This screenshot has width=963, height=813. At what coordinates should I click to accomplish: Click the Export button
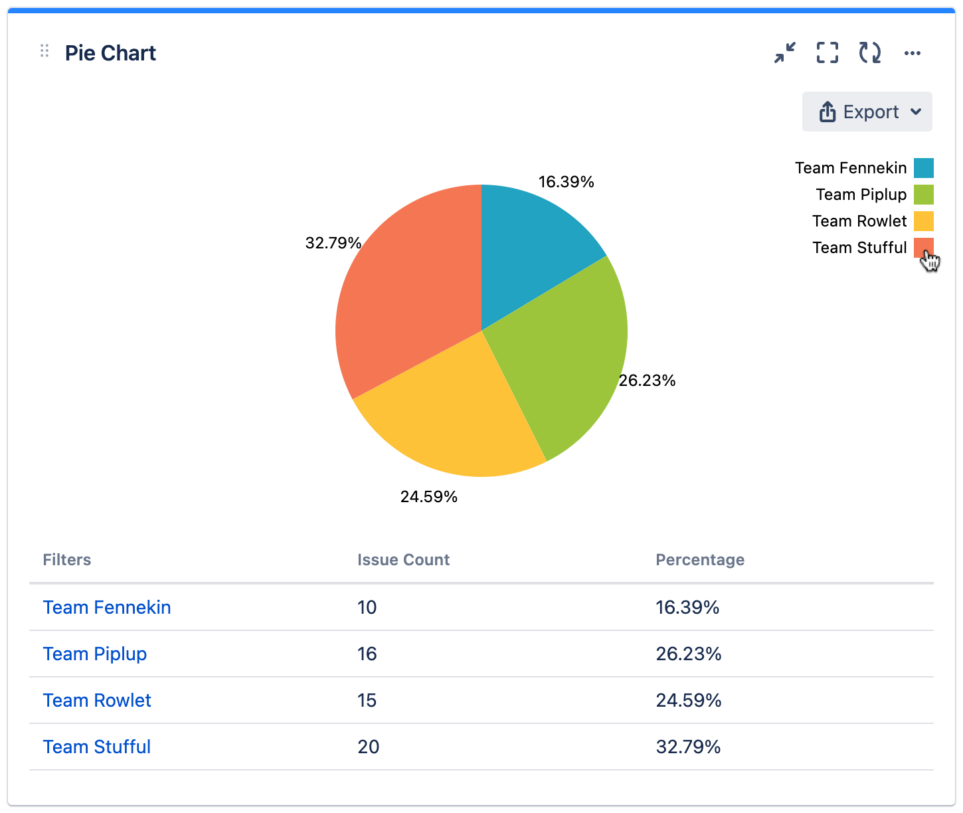click(x=867, y=112)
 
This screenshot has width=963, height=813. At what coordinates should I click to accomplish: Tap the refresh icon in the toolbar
click(x=869, y=52)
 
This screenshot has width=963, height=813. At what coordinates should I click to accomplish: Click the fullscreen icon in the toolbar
click(x=827, y=52)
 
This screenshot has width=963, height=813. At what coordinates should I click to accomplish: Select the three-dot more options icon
click(x=912, y=53)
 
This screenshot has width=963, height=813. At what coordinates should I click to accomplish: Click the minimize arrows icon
click(x=785, y=52)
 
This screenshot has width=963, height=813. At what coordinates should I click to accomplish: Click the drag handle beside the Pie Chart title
click(x=44, y=51)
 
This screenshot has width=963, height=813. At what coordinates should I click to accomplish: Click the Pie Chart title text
click(x=110, y=53)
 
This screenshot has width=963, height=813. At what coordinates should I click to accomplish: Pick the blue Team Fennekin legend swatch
click(x=923, y=168)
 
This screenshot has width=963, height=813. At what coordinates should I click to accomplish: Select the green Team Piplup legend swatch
click(x=923, y=195)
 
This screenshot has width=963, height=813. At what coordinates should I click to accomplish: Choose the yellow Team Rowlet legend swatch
click(x=923, y=221)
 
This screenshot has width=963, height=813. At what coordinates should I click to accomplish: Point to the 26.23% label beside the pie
click(x=647, y=381)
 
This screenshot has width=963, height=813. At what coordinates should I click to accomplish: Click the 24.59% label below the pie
click(x=428, y=497)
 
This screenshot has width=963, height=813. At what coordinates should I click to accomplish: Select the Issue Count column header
click(x=403, y=560)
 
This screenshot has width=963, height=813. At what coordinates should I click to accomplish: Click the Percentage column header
click(x=700, y=560)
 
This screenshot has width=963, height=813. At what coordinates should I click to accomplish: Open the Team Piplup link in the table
click(x=95, y=654)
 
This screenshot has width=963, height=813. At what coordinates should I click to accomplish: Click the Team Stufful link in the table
click(x=97, y=747)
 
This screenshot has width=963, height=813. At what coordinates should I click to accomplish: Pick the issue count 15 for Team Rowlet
click(x=367, y=701)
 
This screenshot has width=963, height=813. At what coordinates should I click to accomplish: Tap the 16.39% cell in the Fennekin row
click(x=687, y=608)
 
